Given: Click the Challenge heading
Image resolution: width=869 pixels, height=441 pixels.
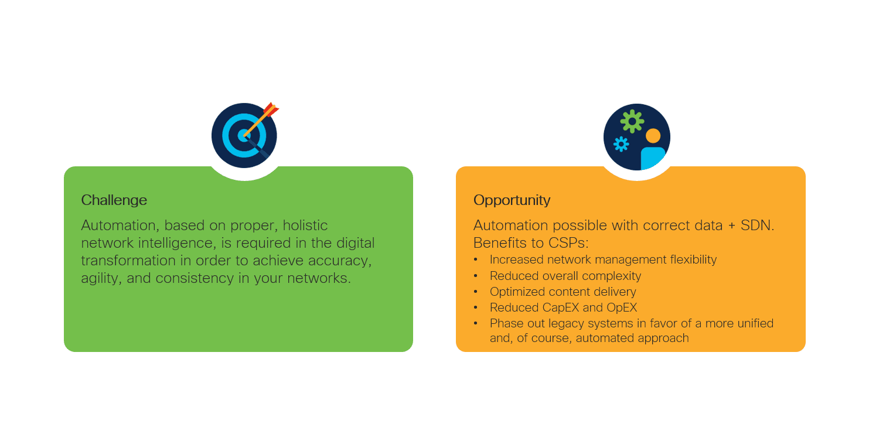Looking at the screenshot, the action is [x=114, y=200].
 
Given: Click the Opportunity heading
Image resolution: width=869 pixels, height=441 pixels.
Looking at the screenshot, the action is [x=512, y=200].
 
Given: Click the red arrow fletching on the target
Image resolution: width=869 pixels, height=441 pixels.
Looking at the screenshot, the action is [x=271, y=109].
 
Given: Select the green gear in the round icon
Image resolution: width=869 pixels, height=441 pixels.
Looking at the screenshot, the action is [x=632, y=121].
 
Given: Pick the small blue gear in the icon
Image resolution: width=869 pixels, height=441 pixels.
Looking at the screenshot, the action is [x=621, y=144].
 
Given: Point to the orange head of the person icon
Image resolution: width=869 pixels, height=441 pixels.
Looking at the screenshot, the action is [x=653, y=136].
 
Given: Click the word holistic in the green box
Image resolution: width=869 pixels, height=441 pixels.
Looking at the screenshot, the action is [x=305, y=225].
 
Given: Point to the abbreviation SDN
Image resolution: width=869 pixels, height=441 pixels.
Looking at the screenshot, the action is [x=757, y=225].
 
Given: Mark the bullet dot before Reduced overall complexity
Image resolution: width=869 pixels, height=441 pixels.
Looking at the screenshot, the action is [x=476, y=276].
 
